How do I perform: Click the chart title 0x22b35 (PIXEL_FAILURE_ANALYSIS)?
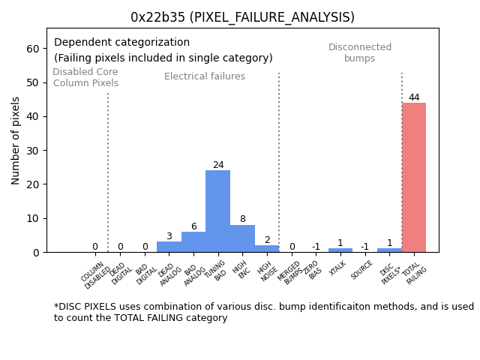pyautogui.click(x=242, y=17)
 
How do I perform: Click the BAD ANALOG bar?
pyautogui.click(x=193, y=241)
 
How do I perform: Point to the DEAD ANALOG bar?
pyautogui.click(x=169, y=247)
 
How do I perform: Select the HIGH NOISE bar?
pyautogui.click(x=267, y=248)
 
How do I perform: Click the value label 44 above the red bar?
pyautogui.click(x=414, y=97)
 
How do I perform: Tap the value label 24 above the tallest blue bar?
pyautogui.click(x=217, y=165)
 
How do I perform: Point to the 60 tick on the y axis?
pyautogui.click(x=34, y=49)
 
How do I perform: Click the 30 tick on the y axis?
pyautogui.click(x=34, y=150)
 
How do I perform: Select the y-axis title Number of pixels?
pyautogui.click(x=16, y=140)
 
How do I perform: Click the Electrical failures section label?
pyautogui.click(x=205, y=76)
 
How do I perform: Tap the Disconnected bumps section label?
pyautogui.click(x=360, y=53)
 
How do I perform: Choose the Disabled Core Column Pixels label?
pyautogui.click(x=85, y=78)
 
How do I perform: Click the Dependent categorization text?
pyautogui.click(x=121, y=43)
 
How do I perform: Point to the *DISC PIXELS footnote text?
pyautogui.click(x=263, y=312)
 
